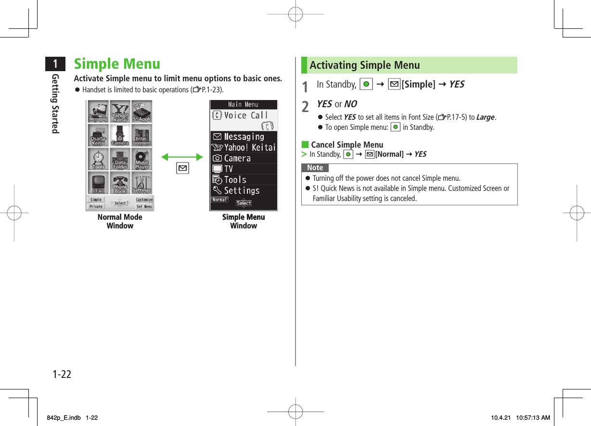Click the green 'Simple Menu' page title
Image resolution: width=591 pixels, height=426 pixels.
[117, 64]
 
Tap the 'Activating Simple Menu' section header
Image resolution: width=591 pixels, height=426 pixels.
[364, 65]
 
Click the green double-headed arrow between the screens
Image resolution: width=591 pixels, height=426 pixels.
[182, 157]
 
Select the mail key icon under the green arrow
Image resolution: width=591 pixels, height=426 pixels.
[183, 168]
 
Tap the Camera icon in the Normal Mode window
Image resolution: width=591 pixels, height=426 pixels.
[120, 136]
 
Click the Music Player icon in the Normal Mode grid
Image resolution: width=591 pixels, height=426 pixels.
[142, 159]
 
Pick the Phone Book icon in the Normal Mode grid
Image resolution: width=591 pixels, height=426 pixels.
[120, 183]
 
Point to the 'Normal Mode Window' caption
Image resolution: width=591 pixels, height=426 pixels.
[120, 221]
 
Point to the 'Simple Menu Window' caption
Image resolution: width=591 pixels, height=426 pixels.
[244, 221]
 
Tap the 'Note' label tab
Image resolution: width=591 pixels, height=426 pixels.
[315, 168]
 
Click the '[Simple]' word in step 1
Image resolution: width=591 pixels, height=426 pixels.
[418, 85]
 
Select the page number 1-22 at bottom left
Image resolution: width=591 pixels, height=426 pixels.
[62, 374]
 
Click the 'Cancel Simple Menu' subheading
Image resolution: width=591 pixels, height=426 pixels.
[347, 145]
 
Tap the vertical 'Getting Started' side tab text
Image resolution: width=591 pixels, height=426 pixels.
[56, 104]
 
